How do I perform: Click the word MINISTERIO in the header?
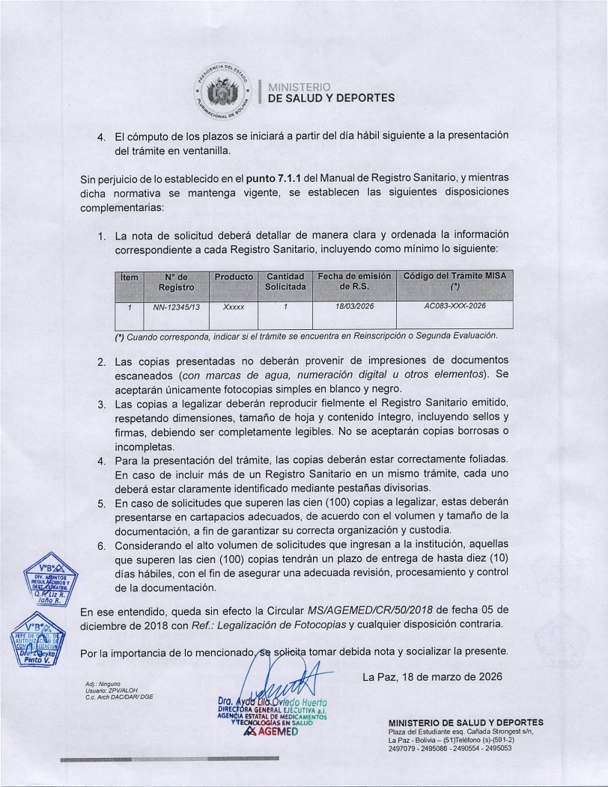[299, 86]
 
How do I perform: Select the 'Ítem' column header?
[130, 277]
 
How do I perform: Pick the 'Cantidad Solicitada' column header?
[285, 281]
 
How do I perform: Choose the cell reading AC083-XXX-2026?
[455, 306]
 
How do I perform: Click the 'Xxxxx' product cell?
[234, 307]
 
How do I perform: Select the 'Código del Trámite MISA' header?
[455, 281]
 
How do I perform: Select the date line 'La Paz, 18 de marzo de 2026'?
[432, 676]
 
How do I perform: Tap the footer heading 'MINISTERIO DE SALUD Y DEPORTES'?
[466, 722]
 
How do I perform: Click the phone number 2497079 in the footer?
[404, 747]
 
